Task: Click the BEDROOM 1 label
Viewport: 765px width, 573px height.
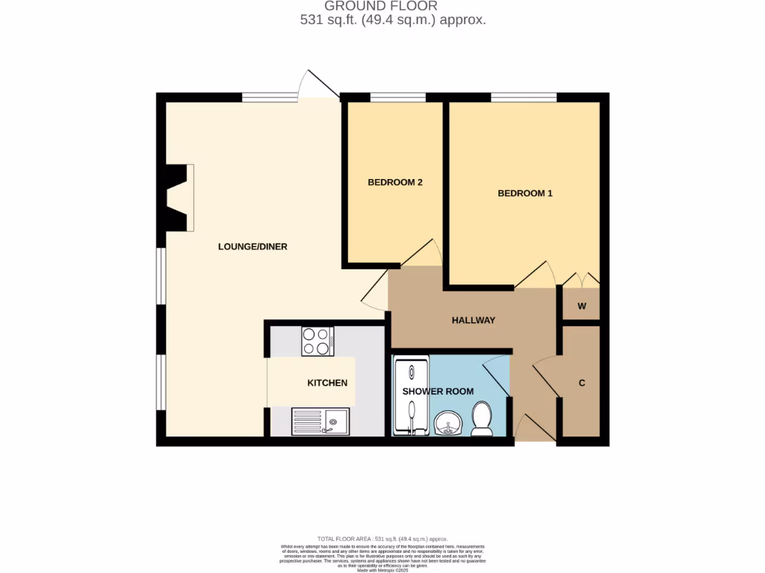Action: tap(524, 193)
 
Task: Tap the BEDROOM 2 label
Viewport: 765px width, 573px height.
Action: tap(395, 182)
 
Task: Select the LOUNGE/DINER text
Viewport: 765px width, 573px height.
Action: tap(253, 247)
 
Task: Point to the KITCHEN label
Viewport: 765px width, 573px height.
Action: tap(327, 383)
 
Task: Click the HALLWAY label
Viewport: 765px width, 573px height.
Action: tap(474, 320)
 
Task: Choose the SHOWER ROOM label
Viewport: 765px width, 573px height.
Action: tap(438, 392)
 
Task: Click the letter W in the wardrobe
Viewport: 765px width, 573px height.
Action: tap(581, 307)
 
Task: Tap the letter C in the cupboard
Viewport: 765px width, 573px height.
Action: tap(581, 383)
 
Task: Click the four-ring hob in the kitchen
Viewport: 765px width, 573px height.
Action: tap(318, 342)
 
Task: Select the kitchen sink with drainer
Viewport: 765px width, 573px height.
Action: tap(320, 422)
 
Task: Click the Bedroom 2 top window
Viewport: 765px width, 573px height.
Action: tap(397, 97)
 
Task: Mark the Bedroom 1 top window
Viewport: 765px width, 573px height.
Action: tap(523, 97)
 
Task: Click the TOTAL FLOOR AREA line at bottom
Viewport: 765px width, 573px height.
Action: tap(382, 539)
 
